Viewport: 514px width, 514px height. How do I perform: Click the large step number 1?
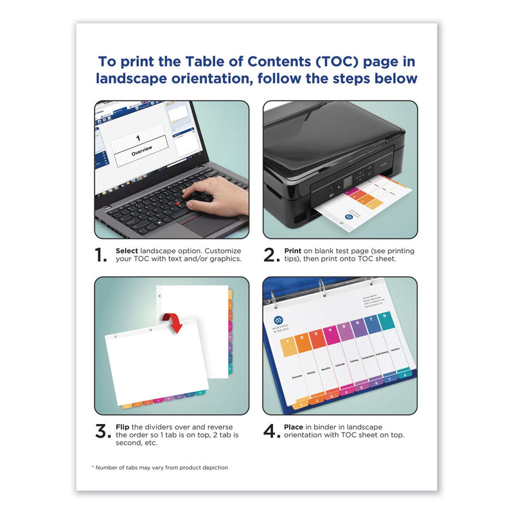tap(101, 256)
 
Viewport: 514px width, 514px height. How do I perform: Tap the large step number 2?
tap(270, 256)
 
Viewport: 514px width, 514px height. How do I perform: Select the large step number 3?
tap(103, 431)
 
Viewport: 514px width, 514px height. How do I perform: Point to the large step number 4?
tap(271, 431)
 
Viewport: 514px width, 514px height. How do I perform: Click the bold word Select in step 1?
tap(127, 250)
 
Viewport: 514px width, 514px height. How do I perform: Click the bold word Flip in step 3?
tap(123, 426)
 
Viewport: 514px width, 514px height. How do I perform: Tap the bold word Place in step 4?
tap(294, 426)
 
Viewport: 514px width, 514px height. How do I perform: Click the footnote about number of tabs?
tap(159, 467)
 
